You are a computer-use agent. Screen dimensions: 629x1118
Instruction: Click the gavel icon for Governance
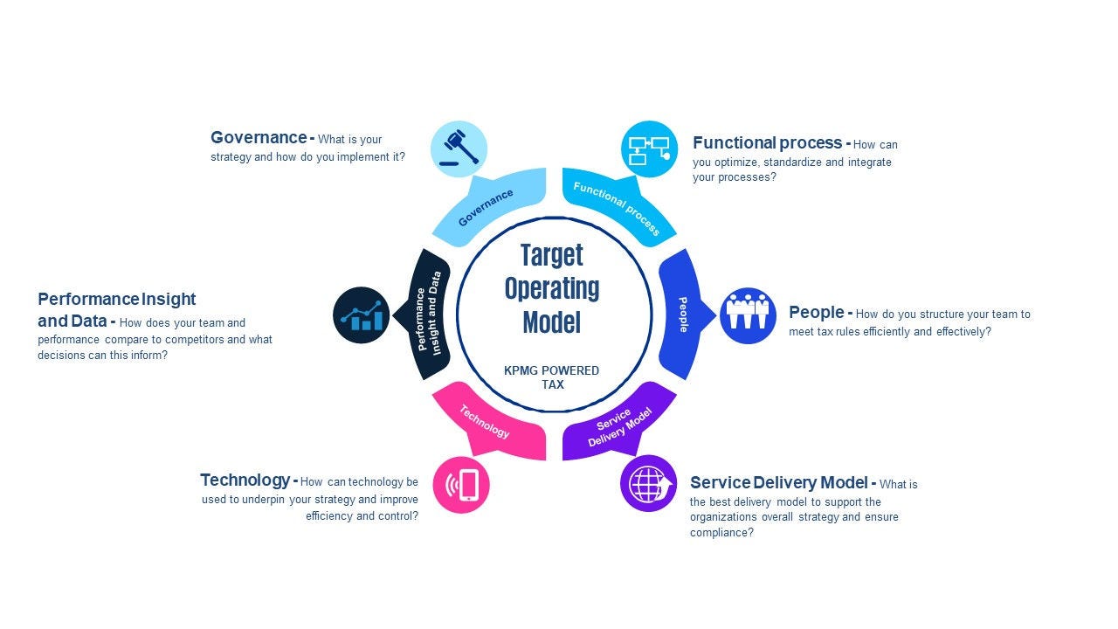coord(459,149)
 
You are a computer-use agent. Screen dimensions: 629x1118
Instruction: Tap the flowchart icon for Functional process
coord(649,149)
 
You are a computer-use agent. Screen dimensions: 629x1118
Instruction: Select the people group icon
coord(748,315)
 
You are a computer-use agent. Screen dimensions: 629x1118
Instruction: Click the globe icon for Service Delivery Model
coord(648,483)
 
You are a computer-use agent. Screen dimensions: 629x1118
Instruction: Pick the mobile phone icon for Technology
coord(461,484)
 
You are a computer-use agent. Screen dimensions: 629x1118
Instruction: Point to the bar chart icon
coord(361,314)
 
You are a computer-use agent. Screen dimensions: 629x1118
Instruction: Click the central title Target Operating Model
coord(552,288)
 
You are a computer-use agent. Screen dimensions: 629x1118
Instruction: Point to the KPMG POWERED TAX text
coord(552,377)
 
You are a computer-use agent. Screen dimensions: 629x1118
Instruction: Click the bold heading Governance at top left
coord(258,138)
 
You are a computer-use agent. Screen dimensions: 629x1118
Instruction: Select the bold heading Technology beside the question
coord(245,480)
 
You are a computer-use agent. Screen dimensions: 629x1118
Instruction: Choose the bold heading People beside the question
coord(816,313)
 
